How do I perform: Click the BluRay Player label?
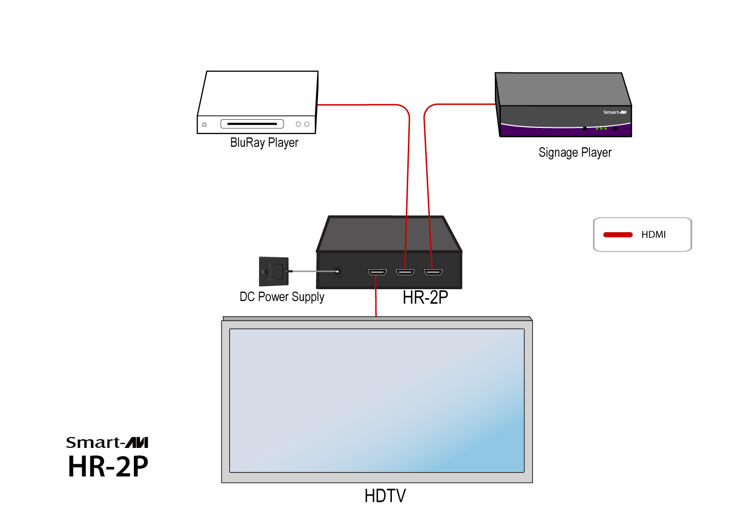click(x=264, y=142)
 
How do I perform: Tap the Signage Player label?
click(x=574, y=153)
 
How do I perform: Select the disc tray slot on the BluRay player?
click(x=252, y=124)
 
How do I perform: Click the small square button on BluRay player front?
click(x=204, y=124)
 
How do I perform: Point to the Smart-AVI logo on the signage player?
click(x=614, y=112)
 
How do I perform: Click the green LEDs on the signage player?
click(x=601, y=128)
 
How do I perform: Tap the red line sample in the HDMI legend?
click(x=618, y=235)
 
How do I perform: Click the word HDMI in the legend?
click(x=653, y=235)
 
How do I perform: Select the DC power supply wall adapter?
click(x=273, y=271)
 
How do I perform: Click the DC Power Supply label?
click(x=282, y=297)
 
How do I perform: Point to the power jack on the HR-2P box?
click(x=337, y=272)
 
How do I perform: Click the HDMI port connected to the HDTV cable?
click(x=377, y=272)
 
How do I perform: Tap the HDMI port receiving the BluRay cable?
click(x=405, y=272)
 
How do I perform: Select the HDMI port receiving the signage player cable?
click(x=433, y=272)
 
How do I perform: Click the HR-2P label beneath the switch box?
click(x=425, y=297)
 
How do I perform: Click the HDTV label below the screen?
click(x=385, y=496)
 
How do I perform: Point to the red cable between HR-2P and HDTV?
click(x=376, y=303)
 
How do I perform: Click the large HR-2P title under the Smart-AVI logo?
click(x=108, y=466)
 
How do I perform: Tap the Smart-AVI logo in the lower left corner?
click(x=107, y=442)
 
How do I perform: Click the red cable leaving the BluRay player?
click(x=359, y=105)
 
